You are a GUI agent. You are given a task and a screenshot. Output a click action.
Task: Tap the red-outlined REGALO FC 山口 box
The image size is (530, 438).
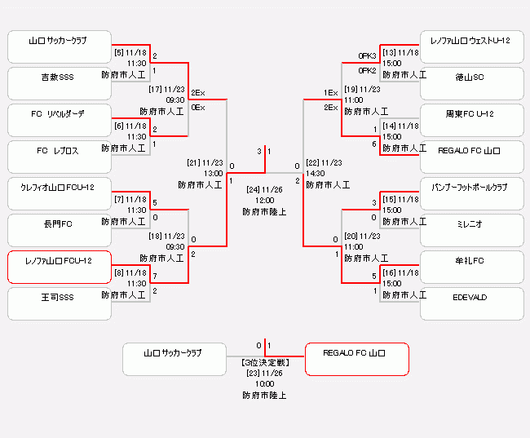tap(356, 359)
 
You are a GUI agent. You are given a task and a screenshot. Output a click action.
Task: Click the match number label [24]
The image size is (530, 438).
tap(254, 189)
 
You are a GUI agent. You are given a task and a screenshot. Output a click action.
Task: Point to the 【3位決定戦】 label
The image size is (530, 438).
tap(264, 361)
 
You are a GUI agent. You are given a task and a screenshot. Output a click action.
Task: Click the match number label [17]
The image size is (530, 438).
tap(157, 89)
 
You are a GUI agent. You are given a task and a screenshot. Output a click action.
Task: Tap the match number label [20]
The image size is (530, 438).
tap(351, 236)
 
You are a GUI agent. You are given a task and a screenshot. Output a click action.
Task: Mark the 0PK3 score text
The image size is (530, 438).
tap(367, 55)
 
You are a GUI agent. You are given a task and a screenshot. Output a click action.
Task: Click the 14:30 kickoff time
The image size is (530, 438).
tap(317, 173)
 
